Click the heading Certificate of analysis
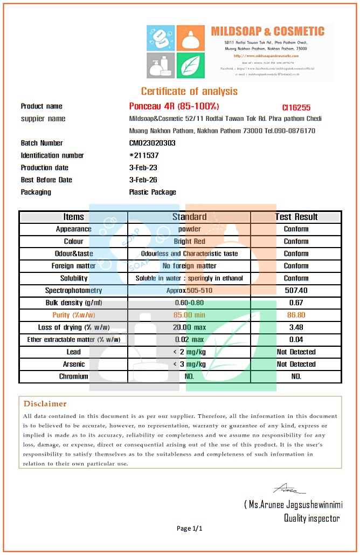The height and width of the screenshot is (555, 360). point(189,91)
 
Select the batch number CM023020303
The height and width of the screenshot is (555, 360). point(153,143)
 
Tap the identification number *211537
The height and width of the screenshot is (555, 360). point(144,155)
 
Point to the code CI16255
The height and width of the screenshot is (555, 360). point(296,108)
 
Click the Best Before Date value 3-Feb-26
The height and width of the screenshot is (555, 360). point(143,180)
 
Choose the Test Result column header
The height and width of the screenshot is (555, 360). point(296,217)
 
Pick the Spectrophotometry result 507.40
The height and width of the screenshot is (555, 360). point(296,290)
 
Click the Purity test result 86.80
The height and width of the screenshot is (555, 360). point(296,315)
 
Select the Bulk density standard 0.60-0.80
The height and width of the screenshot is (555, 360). point(189,303)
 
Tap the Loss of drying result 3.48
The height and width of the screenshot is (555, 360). point(296,327)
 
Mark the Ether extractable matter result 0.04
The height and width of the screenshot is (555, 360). point(296,339)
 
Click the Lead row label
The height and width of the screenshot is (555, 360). point(74,352)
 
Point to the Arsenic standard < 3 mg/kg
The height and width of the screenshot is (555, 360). point(189,364)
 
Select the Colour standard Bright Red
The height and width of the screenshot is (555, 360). point(189,241)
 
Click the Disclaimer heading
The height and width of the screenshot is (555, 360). point(45,404)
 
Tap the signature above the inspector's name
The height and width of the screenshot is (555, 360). point(286,489)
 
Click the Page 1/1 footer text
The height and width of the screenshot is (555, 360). point(190,529)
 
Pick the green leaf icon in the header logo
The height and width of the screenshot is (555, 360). point(190,65)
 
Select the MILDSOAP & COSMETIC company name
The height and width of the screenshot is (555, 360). point(268,31)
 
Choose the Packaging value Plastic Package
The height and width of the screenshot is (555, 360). point(153,192)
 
